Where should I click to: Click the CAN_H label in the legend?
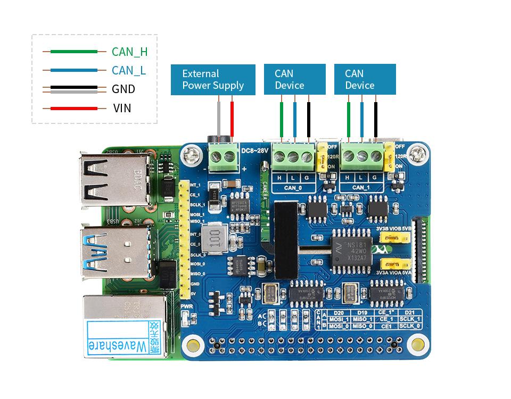click(x=129, y=52)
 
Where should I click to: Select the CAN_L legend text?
click(x=128, y=70)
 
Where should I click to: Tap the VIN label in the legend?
click(x=122, y=109)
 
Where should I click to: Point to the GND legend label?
click(x=123, y=89)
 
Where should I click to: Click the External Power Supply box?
click(x=213, y=80)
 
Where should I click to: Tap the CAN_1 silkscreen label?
click(x=361, y=187)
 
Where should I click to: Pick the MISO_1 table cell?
click(x=362, y=319)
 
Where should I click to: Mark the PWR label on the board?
click(x=186, y=306)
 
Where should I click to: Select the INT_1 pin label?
click(x=195, y=185)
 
